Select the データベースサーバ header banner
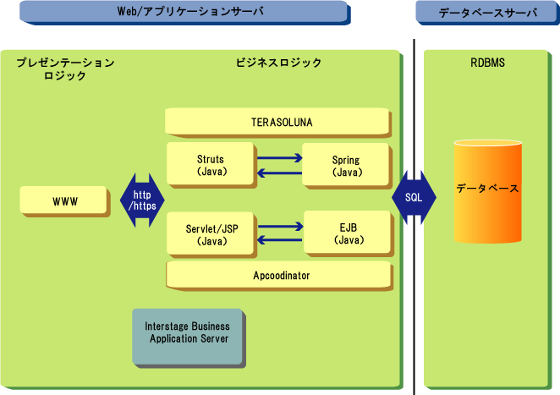[x=487, y=12]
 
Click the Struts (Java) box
[x=209, y=164]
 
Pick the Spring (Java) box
[x=346, y=164]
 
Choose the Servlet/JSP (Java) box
[x=209, y=234]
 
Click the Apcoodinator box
[x=278, y=276]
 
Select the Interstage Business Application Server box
[x=187, y=332]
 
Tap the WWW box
[x=64, y=201]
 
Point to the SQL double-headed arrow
[x=414, y=200]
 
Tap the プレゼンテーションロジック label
[x=65, y=69]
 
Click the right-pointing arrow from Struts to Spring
[x=279, y=157]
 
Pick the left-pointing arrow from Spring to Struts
[x=279, y=173]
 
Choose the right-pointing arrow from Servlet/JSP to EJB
[x=279, y=227]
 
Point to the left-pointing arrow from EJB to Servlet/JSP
[x=279, y=242]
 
